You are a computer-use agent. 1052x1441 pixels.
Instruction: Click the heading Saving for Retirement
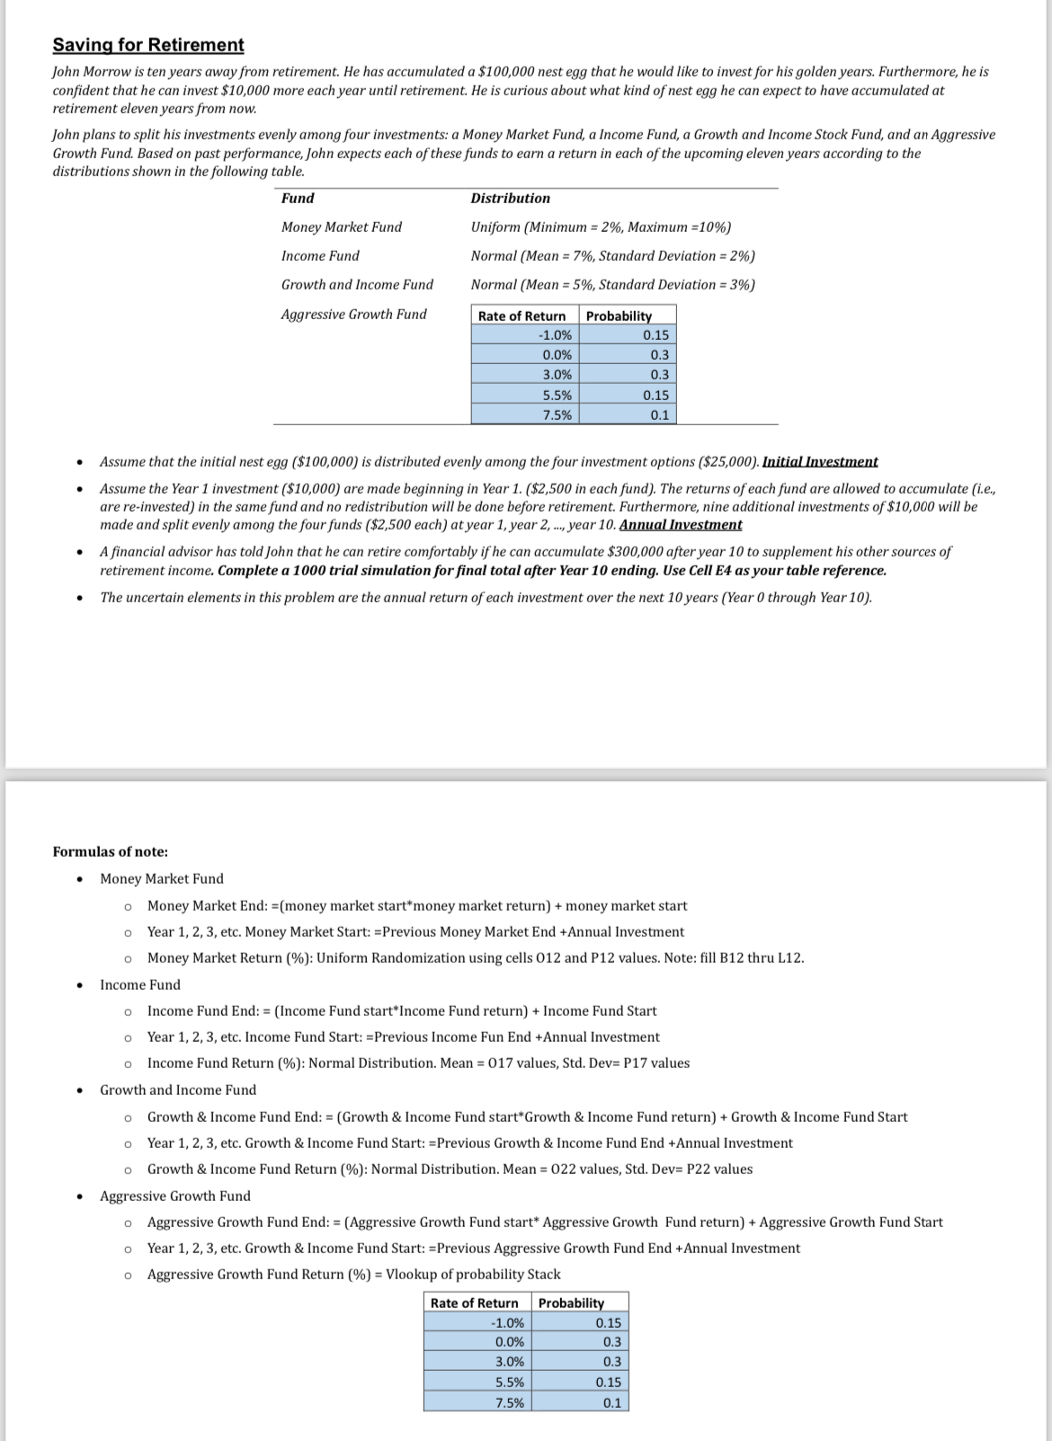click(148, 45)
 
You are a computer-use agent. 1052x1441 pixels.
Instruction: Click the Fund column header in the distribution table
click(298, 198)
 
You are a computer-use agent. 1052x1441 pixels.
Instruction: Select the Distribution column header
click(510, 198)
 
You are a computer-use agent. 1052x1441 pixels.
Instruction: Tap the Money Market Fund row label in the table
click(342, 227)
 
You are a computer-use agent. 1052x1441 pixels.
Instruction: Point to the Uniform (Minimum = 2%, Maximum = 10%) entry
click(601, 227)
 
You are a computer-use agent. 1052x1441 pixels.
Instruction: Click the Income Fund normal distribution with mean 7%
click(612, 255)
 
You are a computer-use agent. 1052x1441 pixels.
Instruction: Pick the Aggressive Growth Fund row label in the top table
click(353, 314)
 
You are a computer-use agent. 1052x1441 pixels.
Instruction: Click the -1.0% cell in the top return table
click(555, 335)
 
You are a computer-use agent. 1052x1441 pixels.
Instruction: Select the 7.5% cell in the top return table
click(557, 414)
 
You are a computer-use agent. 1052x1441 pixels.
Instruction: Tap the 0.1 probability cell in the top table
click(659, 414)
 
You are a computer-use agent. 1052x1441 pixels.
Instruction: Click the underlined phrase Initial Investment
click(819, 461)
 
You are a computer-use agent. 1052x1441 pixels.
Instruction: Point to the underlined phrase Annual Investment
click(681, 524)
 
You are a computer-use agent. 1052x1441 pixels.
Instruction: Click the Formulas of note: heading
click(111, 851)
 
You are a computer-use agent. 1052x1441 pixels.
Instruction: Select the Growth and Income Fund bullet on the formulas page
click(178, 1090)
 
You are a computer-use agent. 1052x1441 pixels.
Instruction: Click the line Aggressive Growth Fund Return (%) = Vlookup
click(353, 1274)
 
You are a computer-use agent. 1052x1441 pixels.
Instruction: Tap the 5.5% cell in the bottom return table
click(509, 1382)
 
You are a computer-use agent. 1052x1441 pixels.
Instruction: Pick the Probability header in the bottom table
click(571, 1303)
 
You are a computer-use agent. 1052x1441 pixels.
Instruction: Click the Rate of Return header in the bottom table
click(474, 1303)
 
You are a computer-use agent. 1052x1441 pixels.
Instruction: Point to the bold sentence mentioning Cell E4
click(551, 570)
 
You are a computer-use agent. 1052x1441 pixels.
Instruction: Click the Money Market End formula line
click(417, 905)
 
